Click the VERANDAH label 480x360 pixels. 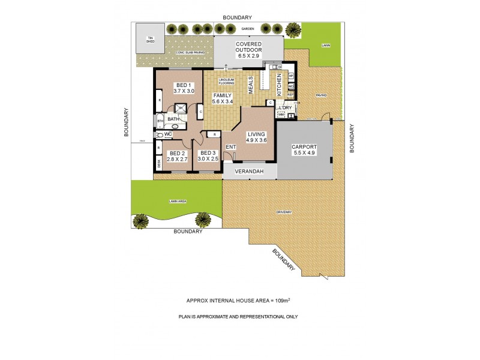[250, 172]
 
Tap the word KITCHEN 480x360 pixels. [279, 85]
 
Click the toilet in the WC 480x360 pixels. [158, 135]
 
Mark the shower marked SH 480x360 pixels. [181, 108]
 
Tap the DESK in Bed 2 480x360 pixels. [159, 162]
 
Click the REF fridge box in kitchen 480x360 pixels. [290, 95]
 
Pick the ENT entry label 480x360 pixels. [230, 146]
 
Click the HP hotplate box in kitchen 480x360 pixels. [291, 76]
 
